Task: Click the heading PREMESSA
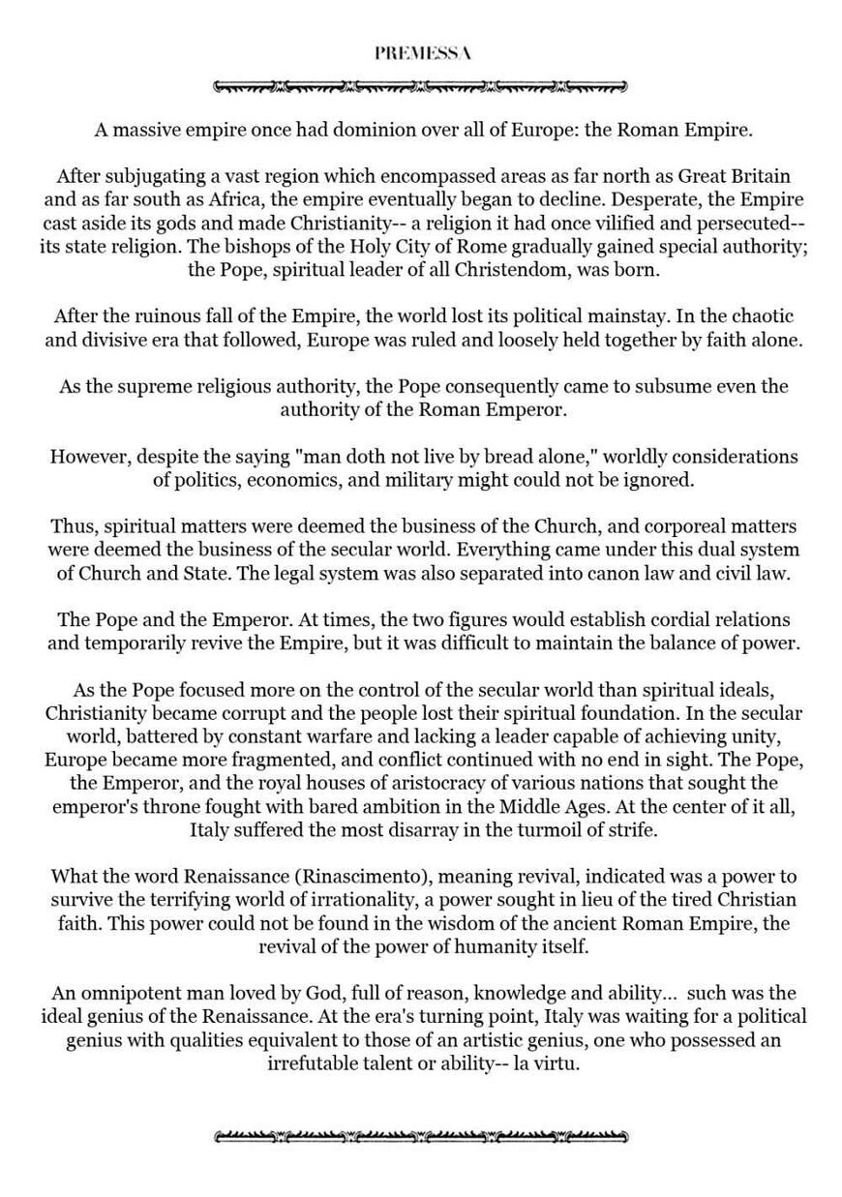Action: click(x=422, y=54)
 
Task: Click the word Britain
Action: click(x=758, y=176)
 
